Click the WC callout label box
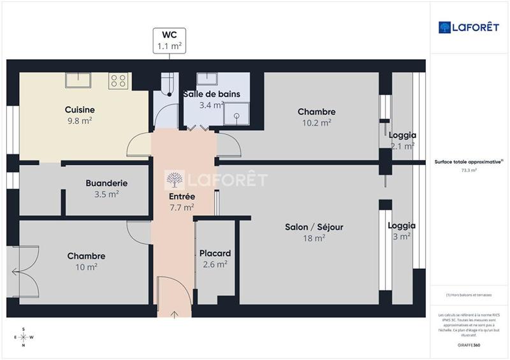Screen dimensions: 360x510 point(170,40)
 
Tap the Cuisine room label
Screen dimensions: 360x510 point(80,110)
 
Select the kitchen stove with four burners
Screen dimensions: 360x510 point(119,80)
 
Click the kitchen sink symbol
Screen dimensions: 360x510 point(79,80)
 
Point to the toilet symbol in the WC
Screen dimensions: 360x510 point(168,85)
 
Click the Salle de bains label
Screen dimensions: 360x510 point(212,94)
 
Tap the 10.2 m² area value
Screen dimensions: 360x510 point(316,123)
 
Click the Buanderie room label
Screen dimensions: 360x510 point(106,183)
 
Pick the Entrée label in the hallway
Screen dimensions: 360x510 point(183,196)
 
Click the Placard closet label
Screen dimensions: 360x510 point(215,253)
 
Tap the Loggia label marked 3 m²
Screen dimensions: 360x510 point(402,226)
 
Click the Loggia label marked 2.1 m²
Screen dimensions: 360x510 point(402,135)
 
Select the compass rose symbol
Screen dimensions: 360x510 point(24,337)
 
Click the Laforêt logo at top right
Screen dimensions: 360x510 point(469,27)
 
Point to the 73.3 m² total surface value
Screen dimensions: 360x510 point(469,171)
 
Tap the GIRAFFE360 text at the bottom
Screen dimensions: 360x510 point(469,345)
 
